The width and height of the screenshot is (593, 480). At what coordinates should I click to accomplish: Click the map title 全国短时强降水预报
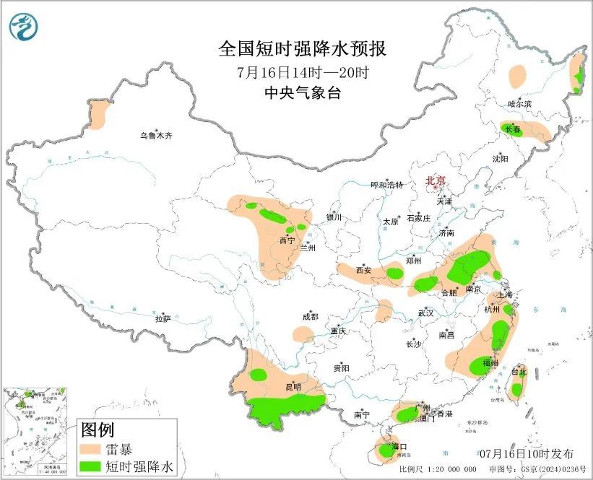[x=303, y=49]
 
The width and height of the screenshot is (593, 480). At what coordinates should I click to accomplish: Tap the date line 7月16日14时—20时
[x=303, y=72]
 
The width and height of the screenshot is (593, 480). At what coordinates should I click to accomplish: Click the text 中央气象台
[x=303, y=92]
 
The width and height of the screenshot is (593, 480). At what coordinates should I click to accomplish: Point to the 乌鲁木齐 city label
[x=157, y=135]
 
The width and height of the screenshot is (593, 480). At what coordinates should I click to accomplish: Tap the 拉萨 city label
[x=163, y=318]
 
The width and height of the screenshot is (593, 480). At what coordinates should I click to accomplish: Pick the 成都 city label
[x=310, y=316]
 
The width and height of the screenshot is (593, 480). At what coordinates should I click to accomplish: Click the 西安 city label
[x=363, y=270]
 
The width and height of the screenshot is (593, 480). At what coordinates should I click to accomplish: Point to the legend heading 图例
[x=98, y=430]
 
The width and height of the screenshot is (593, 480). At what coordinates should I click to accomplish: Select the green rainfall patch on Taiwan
[x=516, y=390]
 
